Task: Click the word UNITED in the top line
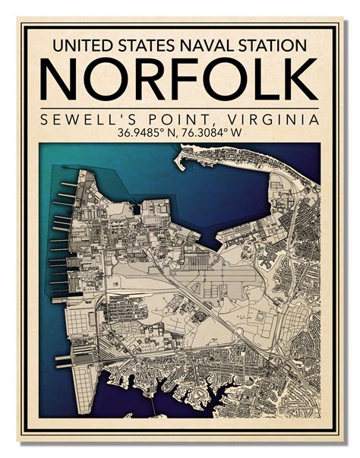(x=79, y=46)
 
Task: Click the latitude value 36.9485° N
(x=147, y=134)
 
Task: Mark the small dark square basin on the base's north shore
(x=135, y=207)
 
